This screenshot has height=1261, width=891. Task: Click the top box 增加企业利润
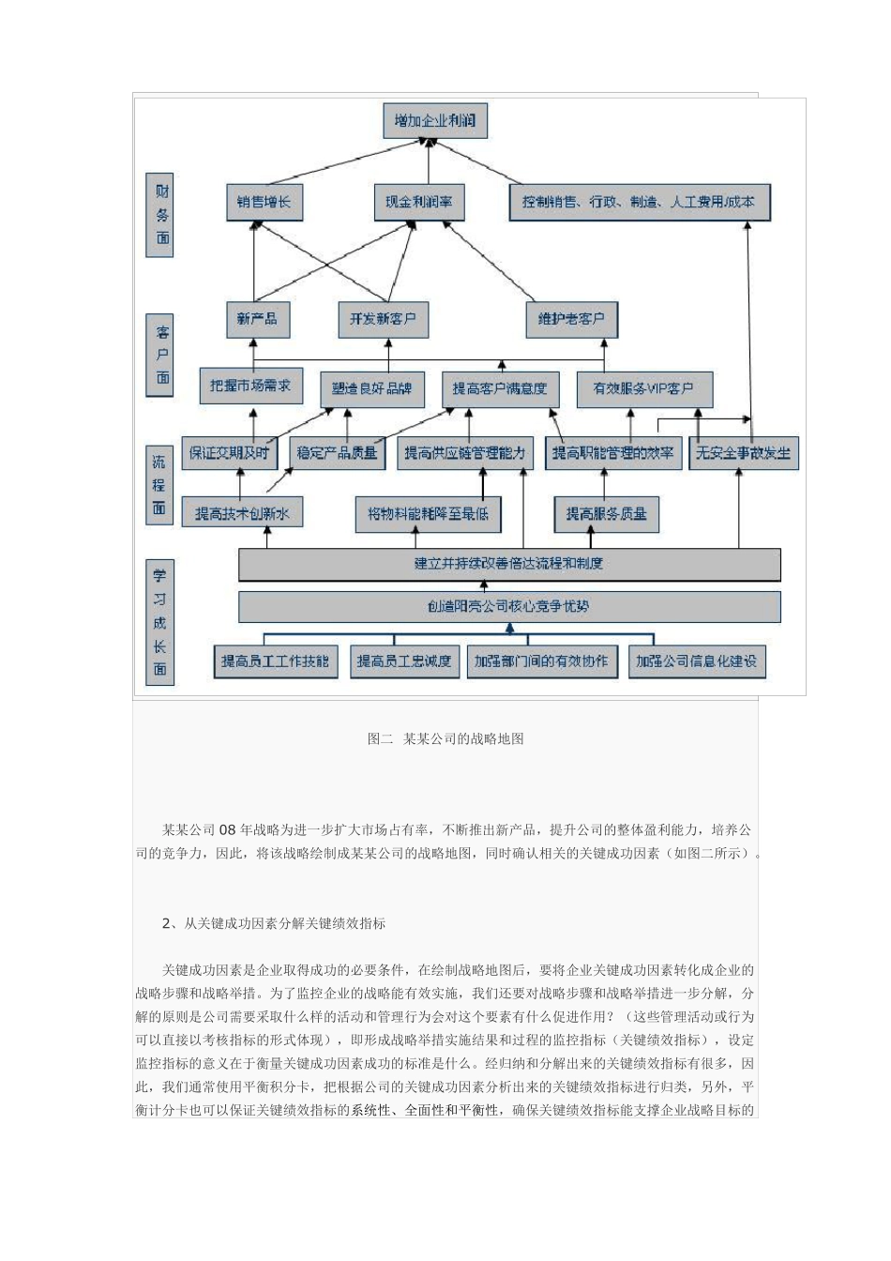point(435,120)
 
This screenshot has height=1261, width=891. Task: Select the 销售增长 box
point(264,202)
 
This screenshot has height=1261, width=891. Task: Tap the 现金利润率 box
point(418,202)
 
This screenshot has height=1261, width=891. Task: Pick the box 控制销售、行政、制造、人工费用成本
point(639,202)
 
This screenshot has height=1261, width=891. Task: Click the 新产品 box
point(257,319)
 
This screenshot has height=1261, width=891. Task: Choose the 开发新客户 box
point(383,319)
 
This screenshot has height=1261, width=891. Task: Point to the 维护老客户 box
point(571,319)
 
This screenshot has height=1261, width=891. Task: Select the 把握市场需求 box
point(250,385)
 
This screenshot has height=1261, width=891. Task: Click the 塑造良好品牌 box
point(372,388)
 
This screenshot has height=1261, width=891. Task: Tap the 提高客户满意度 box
point(500,388)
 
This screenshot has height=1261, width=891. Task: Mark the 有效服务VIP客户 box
point(642,388)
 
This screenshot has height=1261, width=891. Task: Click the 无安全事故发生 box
point(743,452)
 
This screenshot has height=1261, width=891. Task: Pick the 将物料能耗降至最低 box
point(428,514)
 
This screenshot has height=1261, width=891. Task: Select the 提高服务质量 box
point(606,514)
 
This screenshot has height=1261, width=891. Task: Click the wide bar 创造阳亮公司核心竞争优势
point(509,606)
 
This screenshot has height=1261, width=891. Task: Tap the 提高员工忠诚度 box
point(403,661)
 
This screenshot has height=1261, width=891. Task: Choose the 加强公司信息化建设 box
point(695,661)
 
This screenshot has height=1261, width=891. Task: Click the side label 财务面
point(162,214)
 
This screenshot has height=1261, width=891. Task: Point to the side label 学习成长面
point(160,622)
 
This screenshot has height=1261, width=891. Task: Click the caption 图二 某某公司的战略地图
point(445,739)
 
